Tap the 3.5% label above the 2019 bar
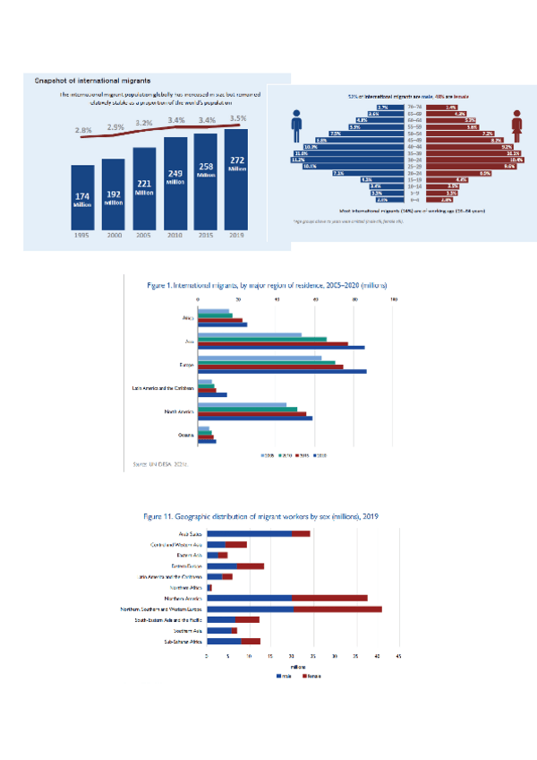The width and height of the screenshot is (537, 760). click(238, 118)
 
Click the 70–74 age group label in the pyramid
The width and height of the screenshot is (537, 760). click(414, 107)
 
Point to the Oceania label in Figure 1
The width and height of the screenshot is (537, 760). click(185, 434)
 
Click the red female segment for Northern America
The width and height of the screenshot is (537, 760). click(329, 598)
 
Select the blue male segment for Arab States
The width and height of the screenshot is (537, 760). click(249, 533)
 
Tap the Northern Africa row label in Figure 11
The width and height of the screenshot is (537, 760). click(185, 587)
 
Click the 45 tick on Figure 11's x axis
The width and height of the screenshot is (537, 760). click(398, 657)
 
